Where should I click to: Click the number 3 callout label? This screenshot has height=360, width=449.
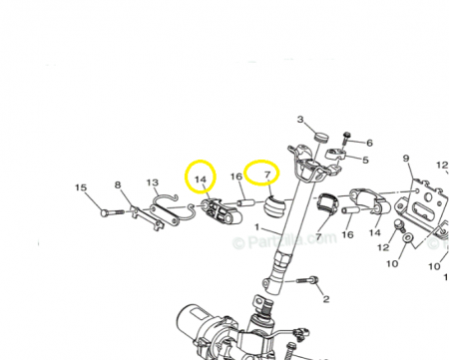point(301,120)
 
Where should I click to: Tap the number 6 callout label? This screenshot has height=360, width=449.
point(368,143)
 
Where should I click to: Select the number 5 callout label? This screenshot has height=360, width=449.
point(364,160)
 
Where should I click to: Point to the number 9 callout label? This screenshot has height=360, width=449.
point(406,159)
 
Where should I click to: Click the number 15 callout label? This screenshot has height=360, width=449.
point(81,187)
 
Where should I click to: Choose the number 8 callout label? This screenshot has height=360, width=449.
point(118,185)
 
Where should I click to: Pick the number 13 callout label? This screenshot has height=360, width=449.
point(153,183)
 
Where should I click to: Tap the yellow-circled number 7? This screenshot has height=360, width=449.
point(265,176)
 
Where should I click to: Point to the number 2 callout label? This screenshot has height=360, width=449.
point(325,298)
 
